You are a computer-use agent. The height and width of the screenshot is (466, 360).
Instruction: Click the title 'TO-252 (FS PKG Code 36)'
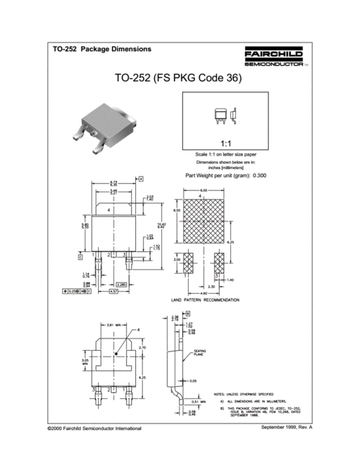(178, 79)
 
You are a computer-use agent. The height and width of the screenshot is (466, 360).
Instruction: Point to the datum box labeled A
(141, 178)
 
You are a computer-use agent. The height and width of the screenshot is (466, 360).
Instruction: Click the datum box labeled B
(187, 314)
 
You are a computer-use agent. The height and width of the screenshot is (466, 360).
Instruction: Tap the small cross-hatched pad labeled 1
(188, 262)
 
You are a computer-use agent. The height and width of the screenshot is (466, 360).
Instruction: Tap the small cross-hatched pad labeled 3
(220, 262)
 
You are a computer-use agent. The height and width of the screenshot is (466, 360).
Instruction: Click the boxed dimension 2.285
(122, 285)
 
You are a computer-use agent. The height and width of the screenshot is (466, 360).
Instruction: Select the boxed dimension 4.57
(113, 292)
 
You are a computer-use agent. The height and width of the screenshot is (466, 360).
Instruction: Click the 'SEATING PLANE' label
(199, 352)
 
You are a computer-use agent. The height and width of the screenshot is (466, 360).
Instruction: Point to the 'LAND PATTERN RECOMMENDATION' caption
(204, 299)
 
